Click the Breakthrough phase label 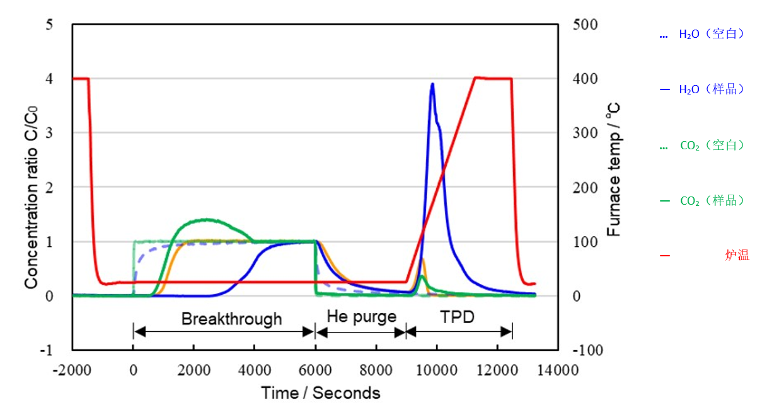point(231,319)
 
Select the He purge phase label point(362,317)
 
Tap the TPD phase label point(457,317)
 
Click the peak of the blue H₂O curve point(432,84)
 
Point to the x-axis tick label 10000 point(437,370)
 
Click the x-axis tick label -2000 point(72,370)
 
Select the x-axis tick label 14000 point(558,370)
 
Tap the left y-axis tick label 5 point(49,25)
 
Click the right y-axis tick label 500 point(585,25)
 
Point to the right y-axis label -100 point(588,350)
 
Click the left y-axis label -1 point(47,350)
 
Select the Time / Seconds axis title point(321,393)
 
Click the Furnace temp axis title point(613,169)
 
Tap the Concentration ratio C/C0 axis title point(31,197)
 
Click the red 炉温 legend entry point(705,255)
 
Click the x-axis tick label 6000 point(315,370)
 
